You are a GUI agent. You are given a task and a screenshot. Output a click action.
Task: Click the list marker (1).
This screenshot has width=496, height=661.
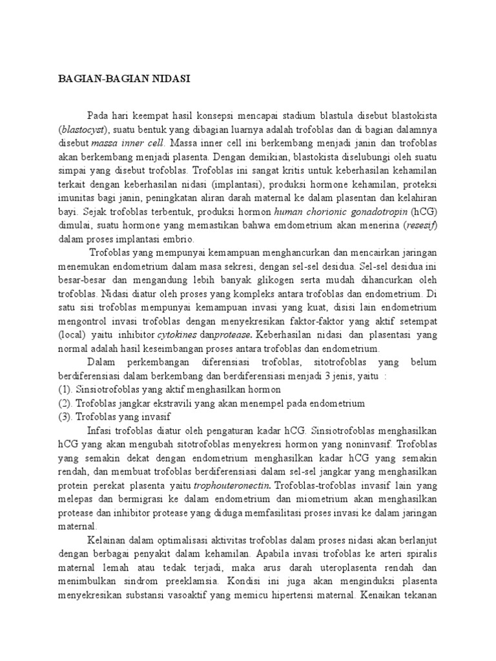tap(66, 389)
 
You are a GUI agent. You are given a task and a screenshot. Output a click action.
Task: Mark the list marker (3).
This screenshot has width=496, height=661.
tap(66, 416)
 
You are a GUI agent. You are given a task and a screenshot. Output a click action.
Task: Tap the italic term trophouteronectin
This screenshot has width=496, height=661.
tap(225, 485)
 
